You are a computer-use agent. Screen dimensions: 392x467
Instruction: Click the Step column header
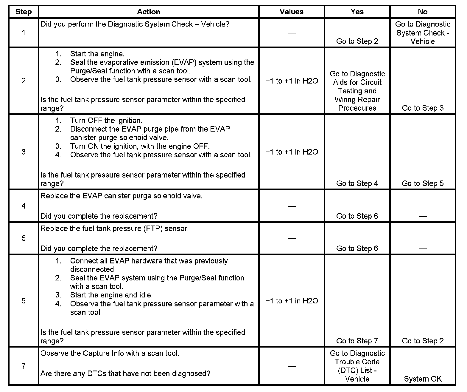[x=24, y=12]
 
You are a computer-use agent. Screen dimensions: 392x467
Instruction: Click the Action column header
[x=148, y=12]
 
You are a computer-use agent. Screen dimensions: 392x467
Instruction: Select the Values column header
[x=291, y=12]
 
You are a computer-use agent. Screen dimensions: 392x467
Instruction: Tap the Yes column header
[x=357, y=12]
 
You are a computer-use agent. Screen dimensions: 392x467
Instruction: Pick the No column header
[x=422, y=12]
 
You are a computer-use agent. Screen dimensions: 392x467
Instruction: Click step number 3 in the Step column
[x=24, y=152]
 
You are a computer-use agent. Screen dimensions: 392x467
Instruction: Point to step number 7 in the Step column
[x=24, y=366]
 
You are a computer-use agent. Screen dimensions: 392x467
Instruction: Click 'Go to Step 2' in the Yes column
[x=357, y=41]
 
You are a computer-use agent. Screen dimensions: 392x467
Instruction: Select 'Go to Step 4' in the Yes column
[x=357, y=183]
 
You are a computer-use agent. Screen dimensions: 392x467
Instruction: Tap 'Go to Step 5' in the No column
[x=422, y=183]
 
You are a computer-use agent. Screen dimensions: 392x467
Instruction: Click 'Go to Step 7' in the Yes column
[x=357, y=341]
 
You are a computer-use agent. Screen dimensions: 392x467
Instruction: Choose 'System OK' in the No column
[x=422, y=379]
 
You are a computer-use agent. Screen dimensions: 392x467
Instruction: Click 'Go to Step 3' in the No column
[x=422, y=108]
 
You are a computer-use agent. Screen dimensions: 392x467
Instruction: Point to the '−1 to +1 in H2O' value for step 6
[x=291, y=301]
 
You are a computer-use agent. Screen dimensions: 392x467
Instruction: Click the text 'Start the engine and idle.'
[x=111, y=295]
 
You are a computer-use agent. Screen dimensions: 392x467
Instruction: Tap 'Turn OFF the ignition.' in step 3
[x=106, y=121]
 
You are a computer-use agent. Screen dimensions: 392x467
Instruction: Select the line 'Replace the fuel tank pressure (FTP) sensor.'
[x=114, y=229]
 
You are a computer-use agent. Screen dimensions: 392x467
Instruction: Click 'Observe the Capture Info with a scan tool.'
[x=110, y=354]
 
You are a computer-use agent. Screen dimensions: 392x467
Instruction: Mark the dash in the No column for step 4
[x=422, y=216]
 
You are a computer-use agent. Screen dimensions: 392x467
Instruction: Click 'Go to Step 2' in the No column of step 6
[x=422, y=341]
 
